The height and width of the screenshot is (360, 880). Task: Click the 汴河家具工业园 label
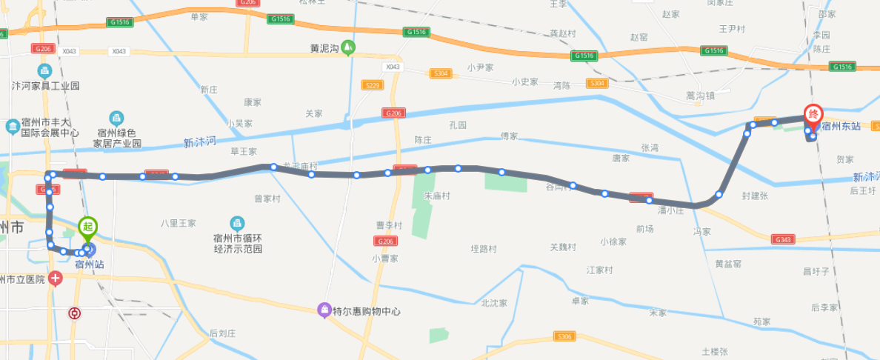[x=45, y=85]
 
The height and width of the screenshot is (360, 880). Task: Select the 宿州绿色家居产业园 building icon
[x=116, y=118]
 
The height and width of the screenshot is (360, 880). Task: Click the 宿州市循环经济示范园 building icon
[x=237, y=222]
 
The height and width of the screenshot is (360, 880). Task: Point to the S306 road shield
[x=564, y=337]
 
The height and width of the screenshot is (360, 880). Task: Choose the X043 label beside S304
[x=392, y=67]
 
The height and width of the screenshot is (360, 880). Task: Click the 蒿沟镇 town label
[x=700, y=95]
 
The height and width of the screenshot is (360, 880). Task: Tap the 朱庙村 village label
[x=437, y=196]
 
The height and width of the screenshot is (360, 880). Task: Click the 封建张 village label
[x=754, y=196]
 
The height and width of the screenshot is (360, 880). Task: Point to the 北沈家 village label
[x=493, y=302]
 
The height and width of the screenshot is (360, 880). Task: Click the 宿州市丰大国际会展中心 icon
[x=13, y=127]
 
